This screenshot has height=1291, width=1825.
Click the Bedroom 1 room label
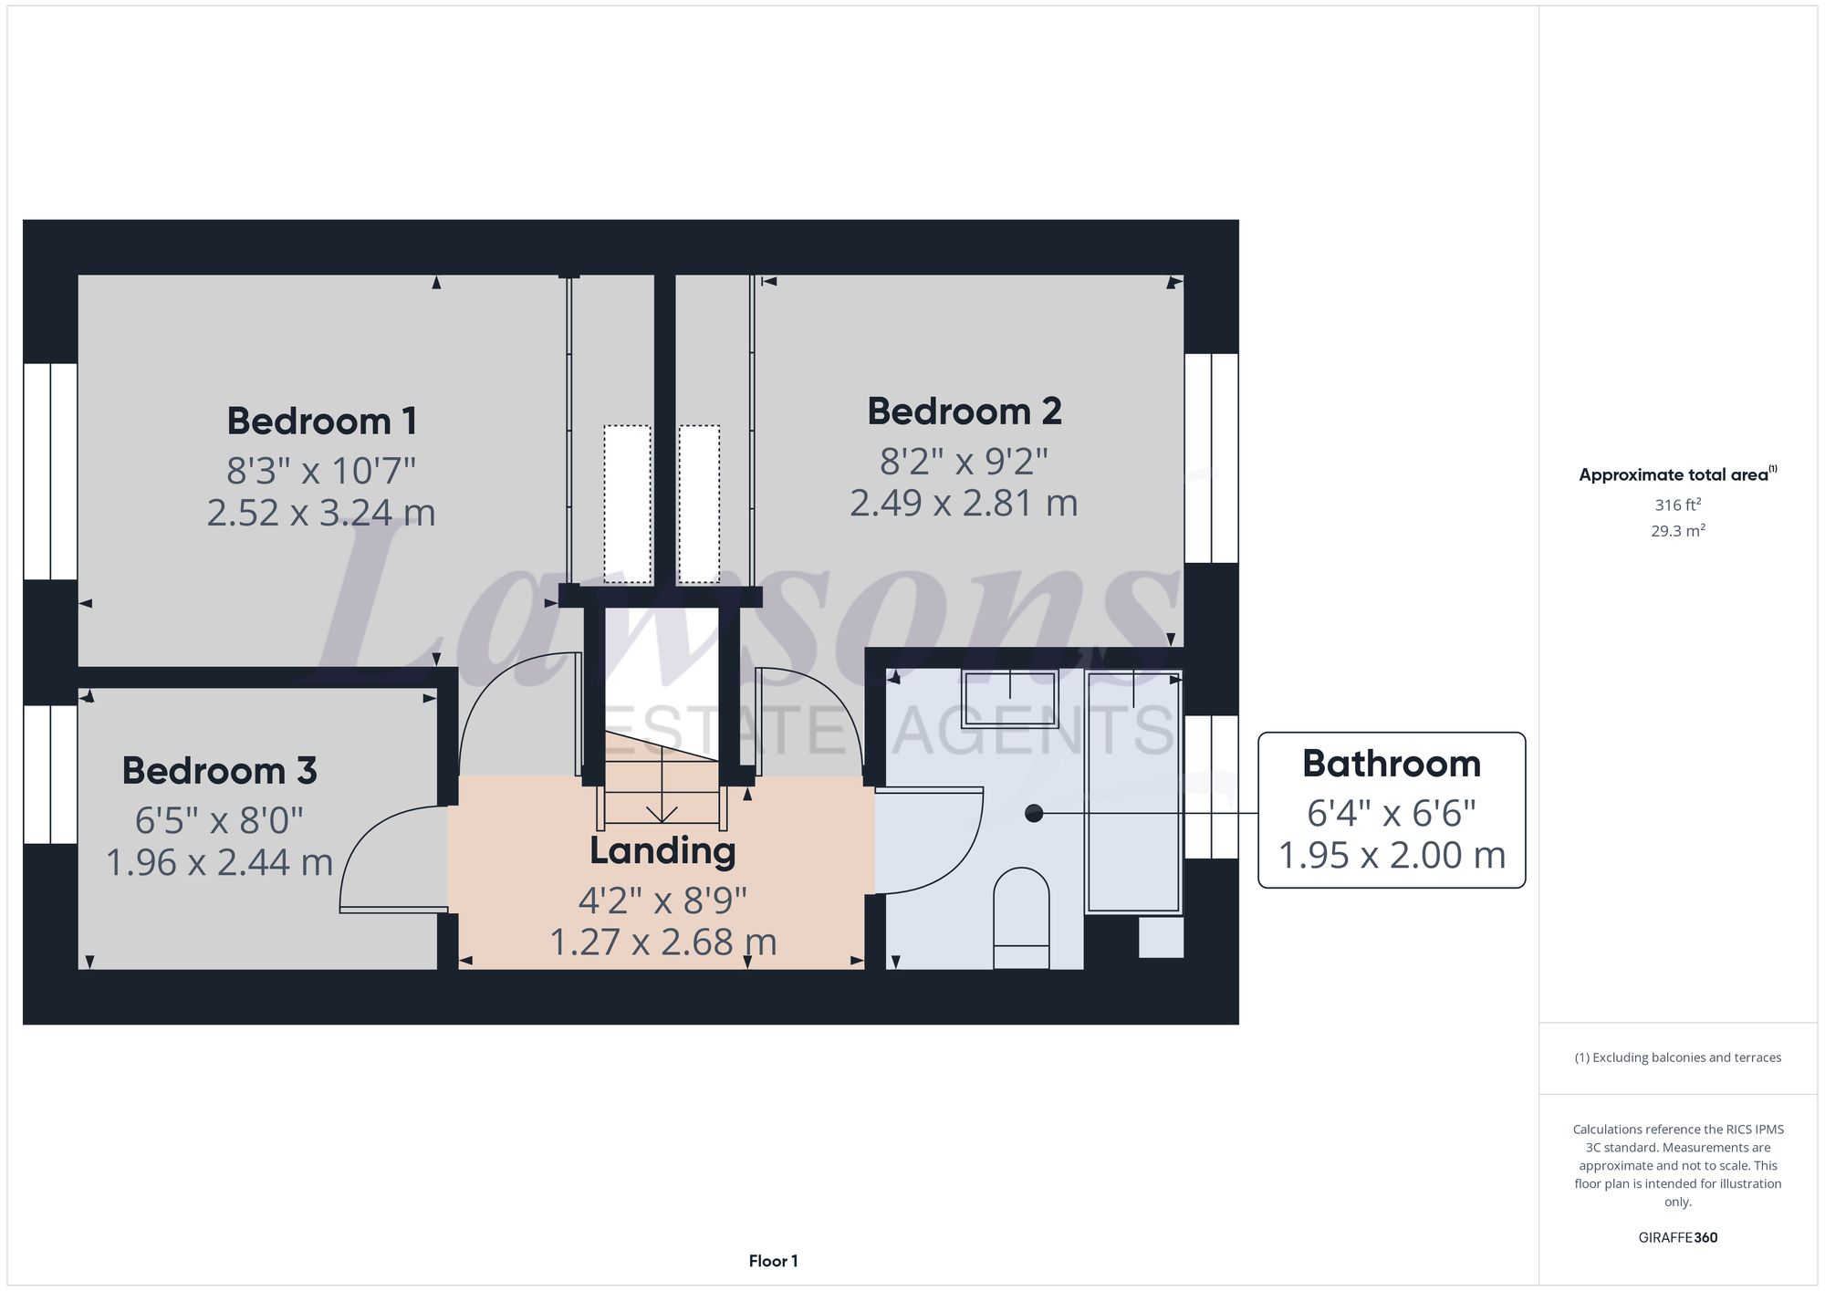(x=321, y=422)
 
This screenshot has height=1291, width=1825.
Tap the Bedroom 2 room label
(x=964, y=411)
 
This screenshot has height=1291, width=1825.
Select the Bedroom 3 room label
(x=219, y=771)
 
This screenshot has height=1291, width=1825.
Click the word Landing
(x=662, y=850)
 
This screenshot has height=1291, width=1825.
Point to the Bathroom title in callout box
(x=1391, y=764)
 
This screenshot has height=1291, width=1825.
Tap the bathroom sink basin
(x=1009, y=698)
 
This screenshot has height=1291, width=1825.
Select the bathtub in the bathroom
(x=1132, y=794)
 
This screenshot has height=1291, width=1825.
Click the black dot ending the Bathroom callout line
(x=1034, y=813)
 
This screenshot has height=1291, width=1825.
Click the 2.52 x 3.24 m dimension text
(x=321, y=513)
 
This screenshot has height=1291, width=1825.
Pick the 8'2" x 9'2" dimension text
(x=964, y=462)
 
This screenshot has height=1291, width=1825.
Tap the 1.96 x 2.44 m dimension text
(x=219, y=862)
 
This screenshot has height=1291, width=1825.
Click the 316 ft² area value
(x=1677, y=505)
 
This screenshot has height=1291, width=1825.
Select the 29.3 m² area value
(x=1677, y=531)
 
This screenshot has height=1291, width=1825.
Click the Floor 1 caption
(x=773, y=1261)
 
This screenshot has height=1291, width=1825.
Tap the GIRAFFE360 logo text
(x=1677, y=1238)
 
